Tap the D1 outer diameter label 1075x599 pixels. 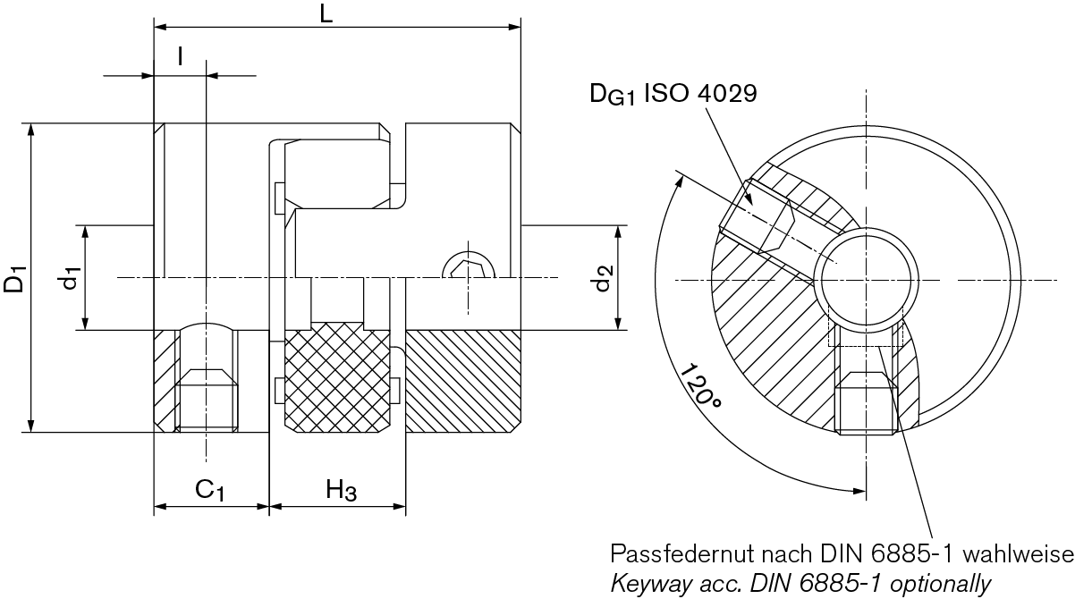click(x=14, y=278)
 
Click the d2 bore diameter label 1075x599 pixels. click(x=603, y=278)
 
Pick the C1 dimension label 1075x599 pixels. click(x=209, y=490)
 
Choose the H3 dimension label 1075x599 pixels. click(x=341, y=490)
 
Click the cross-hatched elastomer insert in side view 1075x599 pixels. click(x=337, y=380)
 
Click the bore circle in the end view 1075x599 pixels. click(x=865, y=280)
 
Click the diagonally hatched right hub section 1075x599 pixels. click(x=462, y=380)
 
